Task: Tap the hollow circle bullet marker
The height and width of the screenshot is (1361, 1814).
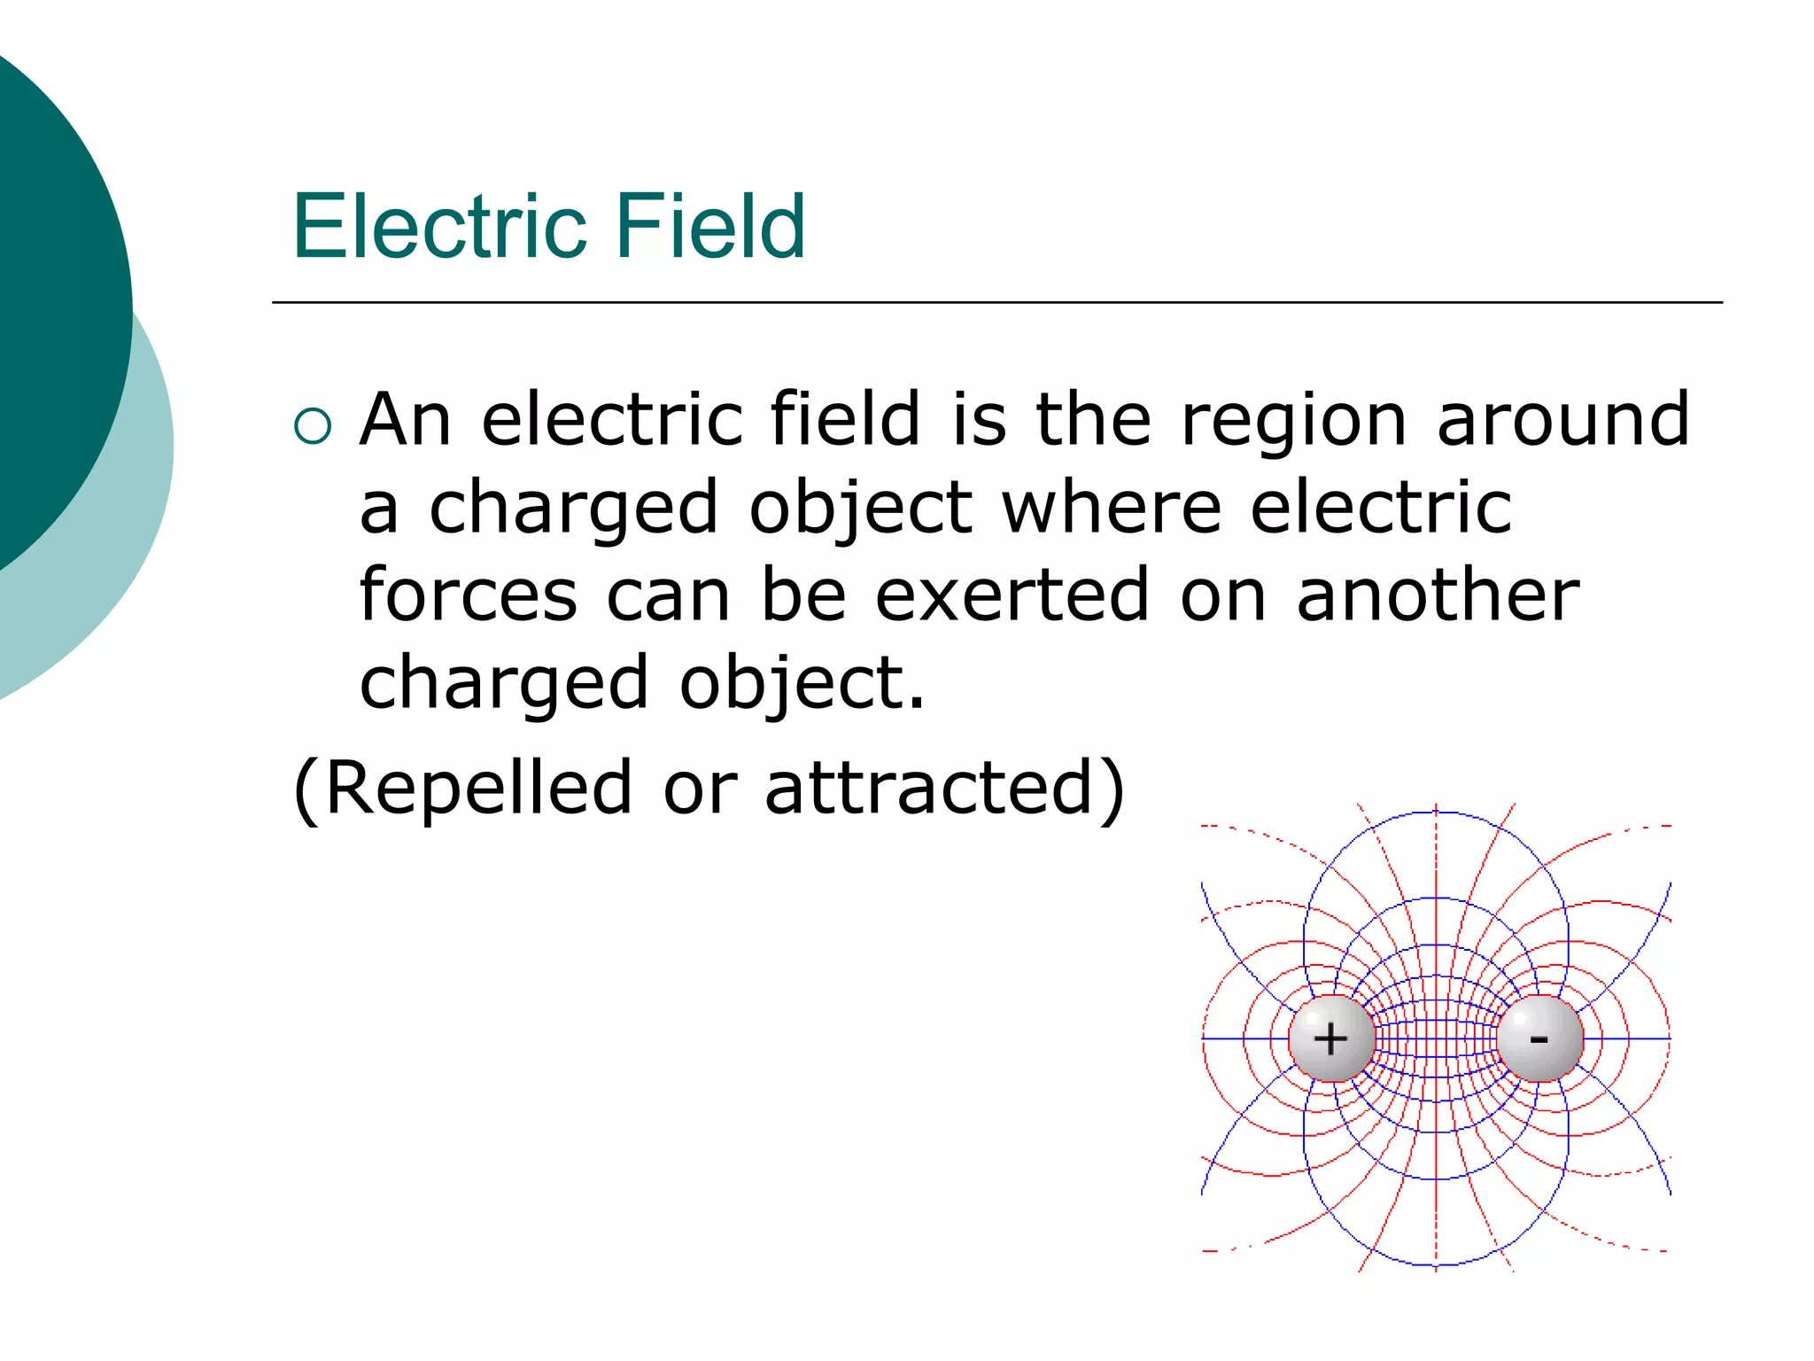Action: pos(313,426)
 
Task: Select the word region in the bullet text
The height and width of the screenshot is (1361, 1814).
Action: pos(1293,422)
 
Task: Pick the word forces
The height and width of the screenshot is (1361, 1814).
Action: pos(469,595)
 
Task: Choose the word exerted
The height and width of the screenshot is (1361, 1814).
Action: pos(1012,595)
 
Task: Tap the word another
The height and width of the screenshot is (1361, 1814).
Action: pos(1438,595)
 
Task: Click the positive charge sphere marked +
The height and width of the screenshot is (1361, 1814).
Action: pos(1331,1038)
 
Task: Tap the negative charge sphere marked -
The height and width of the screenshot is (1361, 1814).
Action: pos(1539,1038)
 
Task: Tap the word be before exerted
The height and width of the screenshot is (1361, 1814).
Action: pos(803,595)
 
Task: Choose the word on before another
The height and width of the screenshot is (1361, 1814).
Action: pos(1223,596)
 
